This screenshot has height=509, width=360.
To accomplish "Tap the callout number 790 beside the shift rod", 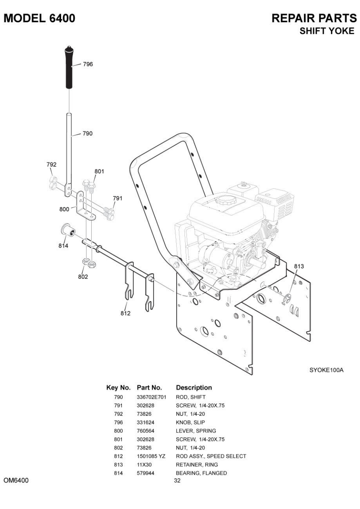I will coord(87,134).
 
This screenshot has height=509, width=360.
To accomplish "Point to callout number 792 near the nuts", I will coord(51,165).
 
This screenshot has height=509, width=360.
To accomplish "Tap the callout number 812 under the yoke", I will coord(125,313).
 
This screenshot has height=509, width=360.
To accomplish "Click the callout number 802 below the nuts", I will coord(83,277).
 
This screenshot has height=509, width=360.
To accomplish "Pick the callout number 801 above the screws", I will coord(99,171).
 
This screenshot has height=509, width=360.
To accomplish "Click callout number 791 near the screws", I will coord(117,198).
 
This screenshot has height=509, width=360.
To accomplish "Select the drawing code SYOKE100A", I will coord(326,370).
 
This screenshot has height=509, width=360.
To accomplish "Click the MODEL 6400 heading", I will coord(39,18).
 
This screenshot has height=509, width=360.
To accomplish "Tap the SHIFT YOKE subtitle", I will coord(327,31).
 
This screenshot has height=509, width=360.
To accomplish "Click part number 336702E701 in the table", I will coord(151,397).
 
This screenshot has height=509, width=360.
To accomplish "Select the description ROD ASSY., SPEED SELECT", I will coord(211,456).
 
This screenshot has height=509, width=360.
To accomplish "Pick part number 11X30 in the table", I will coord(144,464).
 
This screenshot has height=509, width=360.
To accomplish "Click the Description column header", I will coord(194,388).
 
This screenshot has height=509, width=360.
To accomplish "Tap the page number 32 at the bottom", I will coord(177,481).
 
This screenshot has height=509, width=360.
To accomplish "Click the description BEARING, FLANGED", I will coord(202,473).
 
